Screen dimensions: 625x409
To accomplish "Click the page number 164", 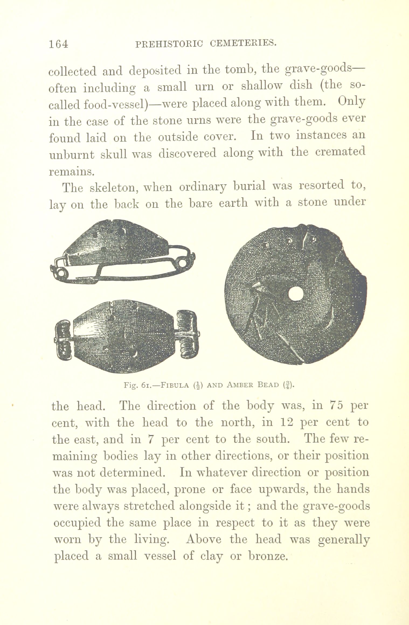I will click(x=58, y=44).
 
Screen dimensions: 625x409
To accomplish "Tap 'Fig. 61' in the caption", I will click(x=138, y=385).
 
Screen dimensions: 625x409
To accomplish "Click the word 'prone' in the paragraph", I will click(x=190, y=490).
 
